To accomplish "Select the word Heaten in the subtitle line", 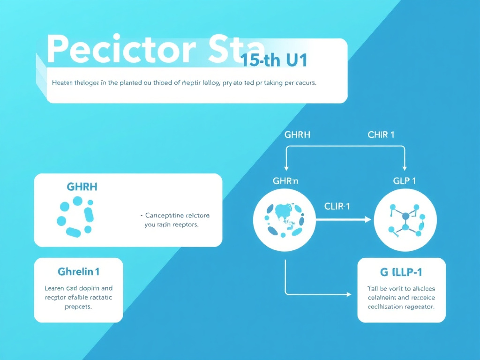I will [63, 82].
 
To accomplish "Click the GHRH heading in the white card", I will [82, 187].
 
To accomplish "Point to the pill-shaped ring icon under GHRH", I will [75, 216].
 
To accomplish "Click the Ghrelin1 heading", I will [78, 271].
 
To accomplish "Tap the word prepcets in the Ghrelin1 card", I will [78, 307].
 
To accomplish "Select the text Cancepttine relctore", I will [177, 216].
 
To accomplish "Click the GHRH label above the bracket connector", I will [297, 135].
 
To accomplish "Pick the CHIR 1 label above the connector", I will [381, 135].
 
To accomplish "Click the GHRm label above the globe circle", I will [285, 181].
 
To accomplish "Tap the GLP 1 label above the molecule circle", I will [404, 181].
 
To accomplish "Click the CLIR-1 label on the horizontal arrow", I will [337, 206].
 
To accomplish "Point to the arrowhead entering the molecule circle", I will [368, 219].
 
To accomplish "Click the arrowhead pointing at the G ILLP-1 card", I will [348, 294].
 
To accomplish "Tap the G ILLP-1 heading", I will [402, 272].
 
